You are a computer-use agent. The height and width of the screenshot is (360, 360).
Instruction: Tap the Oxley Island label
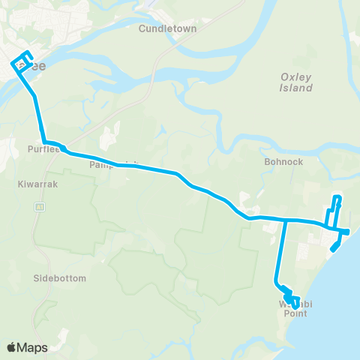tap(296, 82)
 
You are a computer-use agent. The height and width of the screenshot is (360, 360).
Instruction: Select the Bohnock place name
tap(282, 160)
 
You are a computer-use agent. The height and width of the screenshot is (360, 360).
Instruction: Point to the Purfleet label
tap(40, 148)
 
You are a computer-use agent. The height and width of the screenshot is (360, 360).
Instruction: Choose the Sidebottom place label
tap(61, 278)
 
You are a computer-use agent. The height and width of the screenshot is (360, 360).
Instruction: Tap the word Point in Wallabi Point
tap(295, 313)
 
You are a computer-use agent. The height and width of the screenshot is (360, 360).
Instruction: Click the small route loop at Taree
tap(22, 59)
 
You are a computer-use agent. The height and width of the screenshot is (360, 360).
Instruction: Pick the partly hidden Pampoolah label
tap(105, 164)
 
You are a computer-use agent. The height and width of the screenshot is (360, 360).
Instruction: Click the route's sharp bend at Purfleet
tap(45, 142)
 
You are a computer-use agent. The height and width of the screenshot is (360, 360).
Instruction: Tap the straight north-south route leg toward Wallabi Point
tap(280, 251)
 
